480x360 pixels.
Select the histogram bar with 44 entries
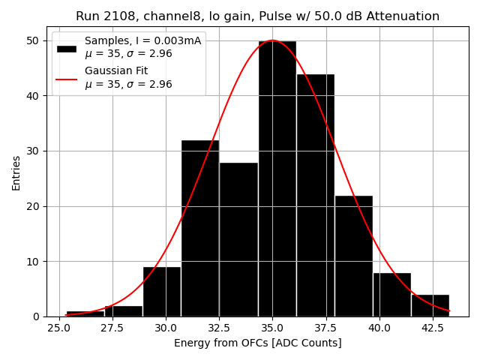tap(315, 195)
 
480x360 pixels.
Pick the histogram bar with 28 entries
tap(238, 239)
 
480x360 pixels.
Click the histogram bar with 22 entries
tap(353, 256)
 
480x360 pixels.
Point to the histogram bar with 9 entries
tap(161, 292)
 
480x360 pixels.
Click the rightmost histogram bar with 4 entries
tap(430, 305)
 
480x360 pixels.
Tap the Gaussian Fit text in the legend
tap(116, 70)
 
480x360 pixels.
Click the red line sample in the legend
tap(67, 77)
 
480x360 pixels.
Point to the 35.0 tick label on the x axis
tap(272, 328)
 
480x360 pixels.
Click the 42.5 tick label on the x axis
tap(432, 328)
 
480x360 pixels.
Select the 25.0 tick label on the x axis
tap(59, 328)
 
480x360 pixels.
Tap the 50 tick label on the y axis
tap(34, 40)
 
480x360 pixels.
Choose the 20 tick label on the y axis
tap(34, 206)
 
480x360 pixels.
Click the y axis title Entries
tap(16, 172)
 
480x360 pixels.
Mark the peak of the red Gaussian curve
tap(272, 40)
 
